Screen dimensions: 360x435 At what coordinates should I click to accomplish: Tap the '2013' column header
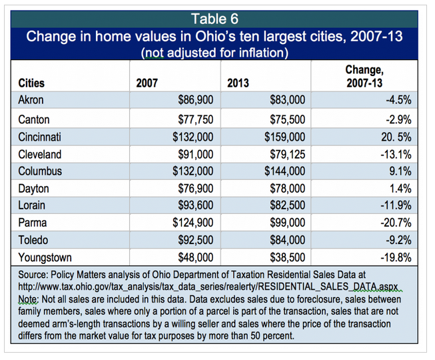coord(238,84)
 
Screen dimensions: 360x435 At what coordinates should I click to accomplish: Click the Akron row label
coord(32,99)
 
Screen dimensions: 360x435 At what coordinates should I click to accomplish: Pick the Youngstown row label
coord(47,256)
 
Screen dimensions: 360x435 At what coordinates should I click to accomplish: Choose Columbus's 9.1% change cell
coord(398,171)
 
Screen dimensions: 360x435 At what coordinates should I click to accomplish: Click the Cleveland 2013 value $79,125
coord(284,153)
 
